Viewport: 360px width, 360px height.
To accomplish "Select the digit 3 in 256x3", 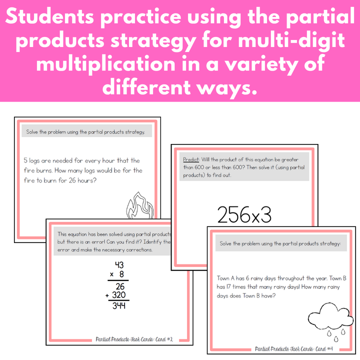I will (264, 214).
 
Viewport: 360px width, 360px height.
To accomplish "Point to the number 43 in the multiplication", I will (119, 265).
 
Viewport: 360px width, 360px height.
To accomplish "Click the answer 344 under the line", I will (118, 306).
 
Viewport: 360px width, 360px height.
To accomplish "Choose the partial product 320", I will (119, 295).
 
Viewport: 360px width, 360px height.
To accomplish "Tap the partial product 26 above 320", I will (120, 286).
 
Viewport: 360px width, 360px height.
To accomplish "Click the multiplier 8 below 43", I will (121, 274).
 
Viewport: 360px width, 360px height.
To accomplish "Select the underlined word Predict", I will (191, 158).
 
